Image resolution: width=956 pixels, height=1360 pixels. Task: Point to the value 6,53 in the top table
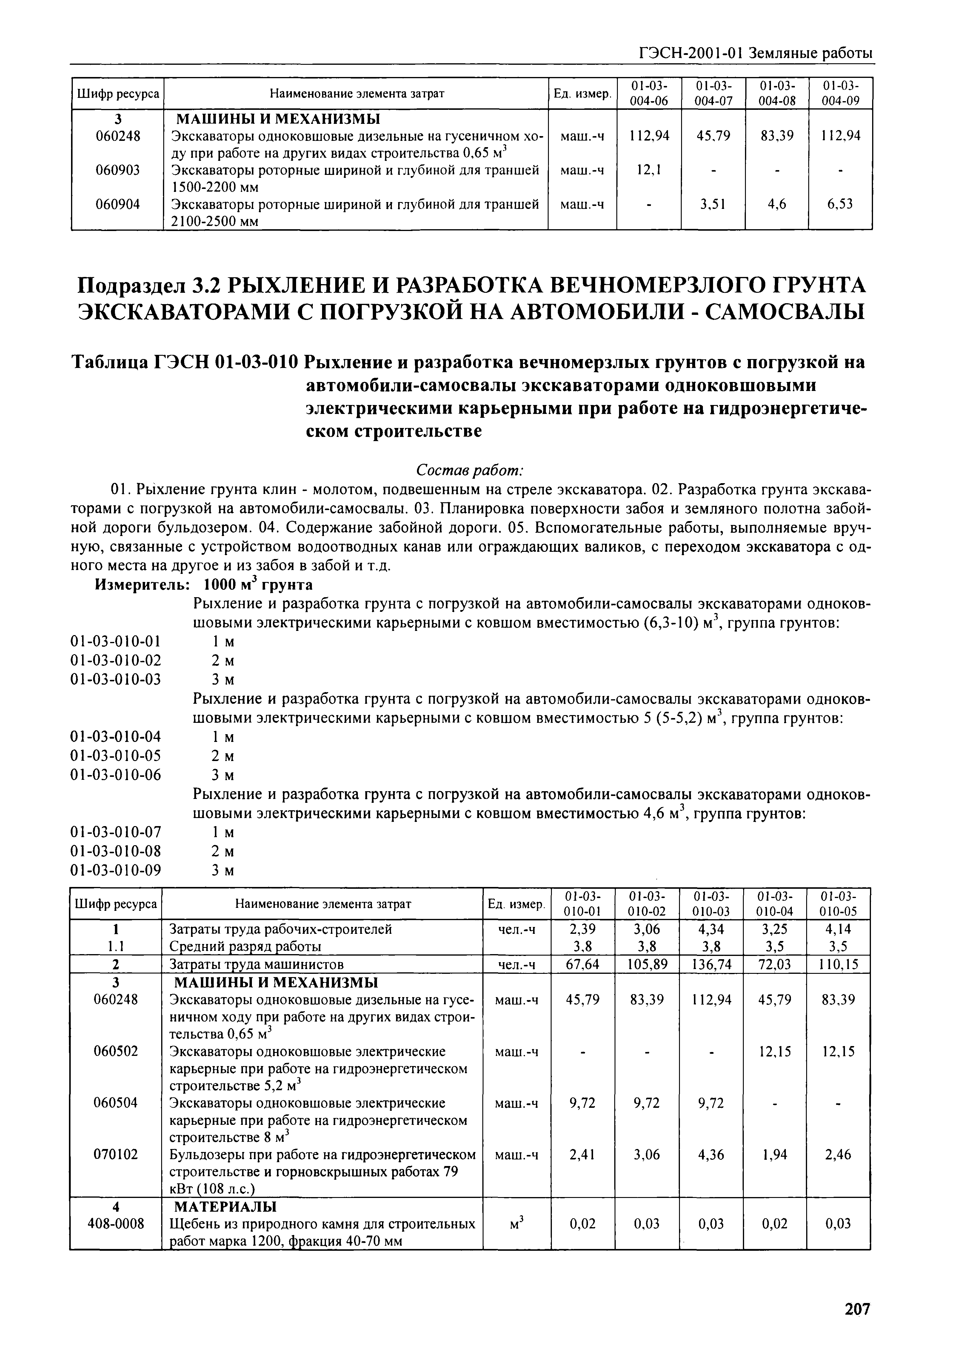(x=840, y=204)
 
